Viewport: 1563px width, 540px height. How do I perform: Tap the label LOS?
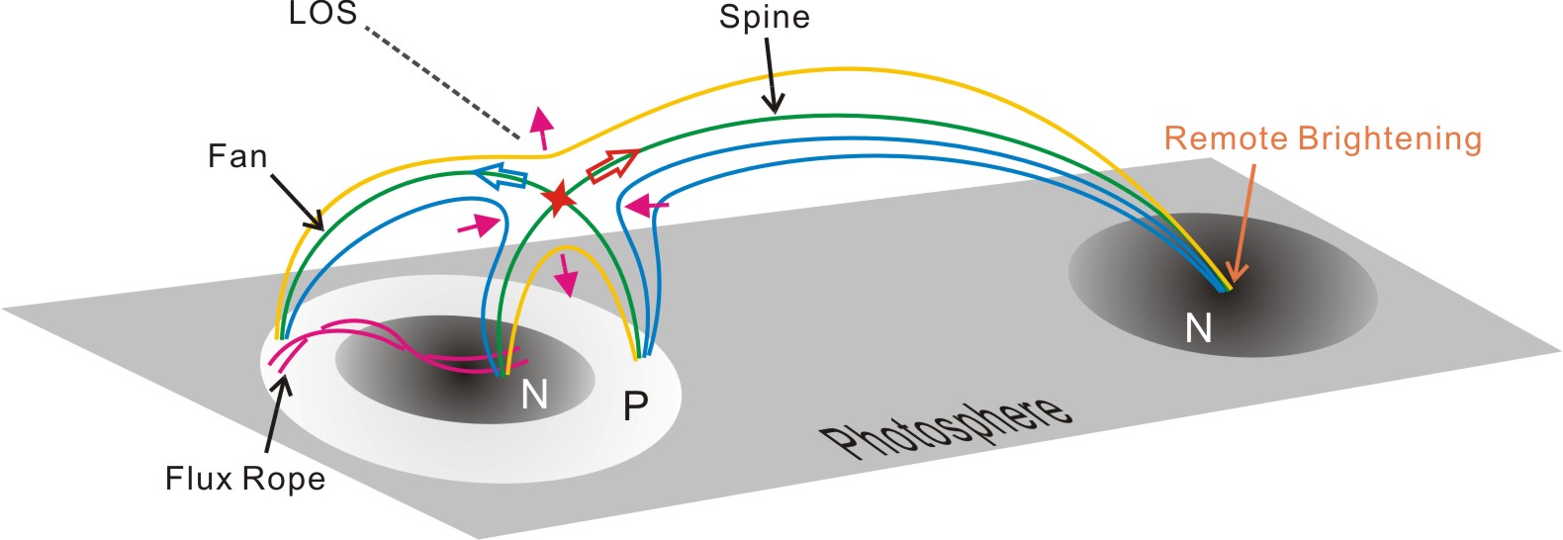[x=322, y=14]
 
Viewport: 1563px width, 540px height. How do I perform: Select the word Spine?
[x=764, y=18]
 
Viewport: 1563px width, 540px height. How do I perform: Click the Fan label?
[x=237, y=156]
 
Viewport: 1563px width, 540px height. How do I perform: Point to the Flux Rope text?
[x=245, y=479]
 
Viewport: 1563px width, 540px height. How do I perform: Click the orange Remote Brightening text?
[x=1323, y=138]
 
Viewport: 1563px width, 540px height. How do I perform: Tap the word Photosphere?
[x=945, y=426]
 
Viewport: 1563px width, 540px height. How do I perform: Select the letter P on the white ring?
[x=635, y=405]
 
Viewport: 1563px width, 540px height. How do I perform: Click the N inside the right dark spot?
[x=1198, y=327]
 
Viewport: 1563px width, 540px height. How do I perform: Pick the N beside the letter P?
[x=534, y=396]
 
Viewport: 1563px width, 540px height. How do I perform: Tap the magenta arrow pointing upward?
[x=540, y=127]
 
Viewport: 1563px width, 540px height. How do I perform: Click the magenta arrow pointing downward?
[x=566, y=274]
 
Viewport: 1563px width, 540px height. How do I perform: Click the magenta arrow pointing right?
[x=479, y=225]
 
